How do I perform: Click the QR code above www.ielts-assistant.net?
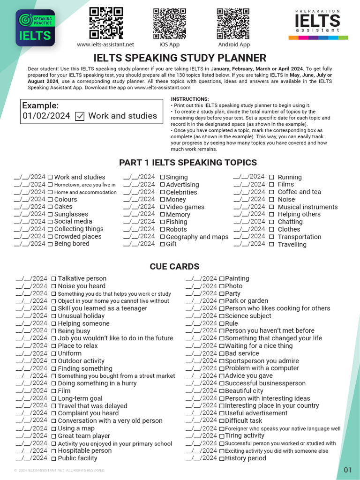[x=106, y=23]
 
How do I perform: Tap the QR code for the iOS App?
[x=169, y=23]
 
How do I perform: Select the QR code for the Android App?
[x=233, y=23]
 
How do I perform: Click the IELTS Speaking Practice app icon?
[x=35, y=28]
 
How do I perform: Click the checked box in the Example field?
[x=80, y=116]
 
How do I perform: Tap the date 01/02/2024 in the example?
[x=46, y=116]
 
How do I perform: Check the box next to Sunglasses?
[x=50, y=215]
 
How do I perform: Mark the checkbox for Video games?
[x=162, y=207]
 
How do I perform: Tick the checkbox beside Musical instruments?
[x=272, y=207]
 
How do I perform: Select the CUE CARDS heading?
[x=174, y=266]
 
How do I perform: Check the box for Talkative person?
[x=53, y=279]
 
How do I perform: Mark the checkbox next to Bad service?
[x=221, y=353]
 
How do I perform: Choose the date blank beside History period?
[x=201, y=458]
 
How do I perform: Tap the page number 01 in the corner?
[x=347, y=470]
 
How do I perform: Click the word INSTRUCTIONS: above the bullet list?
[x=190, y=99]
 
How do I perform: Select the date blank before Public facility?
[x=31, y=458]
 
